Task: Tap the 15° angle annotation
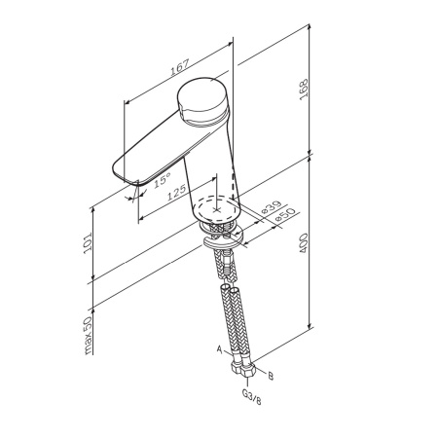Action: coord(162,179)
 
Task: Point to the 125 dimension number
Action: coord(176,194)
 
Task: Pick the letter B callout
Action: coord(270,375)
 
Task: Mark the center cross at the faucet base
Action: coord(230,205)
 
